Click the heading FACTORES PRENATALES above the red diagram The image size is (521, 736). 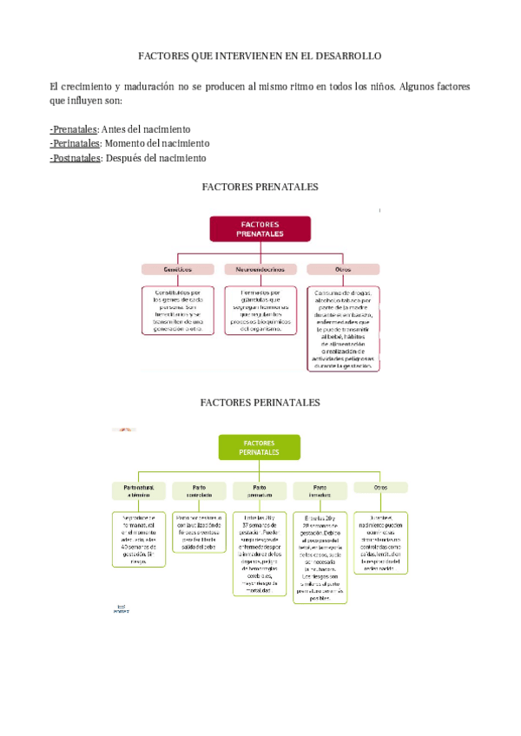(260, 187)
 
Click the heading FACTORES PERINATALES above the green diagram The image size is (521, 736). (260, 403)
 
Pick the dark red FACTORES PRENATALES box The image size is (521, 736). (260, 229)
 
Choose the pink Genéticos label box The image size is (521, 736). (177, 269)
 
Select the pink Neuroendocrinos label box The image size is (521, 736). (259, 269)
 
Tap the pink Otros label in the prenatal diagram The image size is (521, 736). (342, 269)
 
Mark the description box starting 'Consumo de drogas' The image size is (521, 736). (342, 329)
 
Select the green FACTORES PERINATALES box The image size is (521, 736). (259, 447)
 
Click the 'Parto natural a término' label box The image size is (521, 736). (138, 491)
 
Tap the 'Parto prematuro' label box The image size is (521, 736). (259, 491)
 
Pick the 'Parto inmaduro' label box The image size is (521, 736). (320, 491)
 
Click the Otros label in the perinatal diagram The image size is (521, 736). (379, 488)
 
